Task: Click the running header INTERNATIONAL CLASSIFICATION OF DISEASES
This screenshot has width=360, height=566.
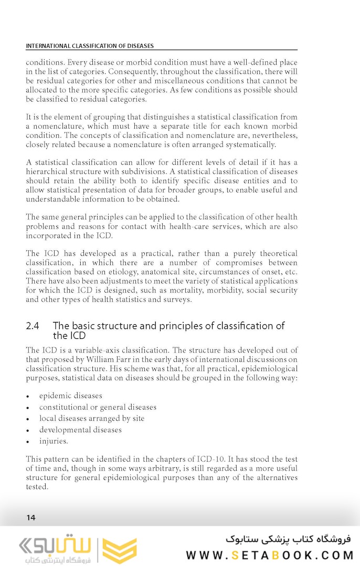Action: point(90,46)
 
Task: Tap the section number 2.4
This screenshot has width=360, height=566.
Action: point(33,326)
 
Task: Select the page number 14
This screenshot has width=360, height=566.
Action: point(31,518)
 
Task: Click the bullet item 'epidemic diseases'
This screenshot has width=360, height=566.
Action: point(70,396)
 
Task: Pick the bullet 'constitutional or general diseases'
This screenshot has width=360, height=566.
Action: point(98,407)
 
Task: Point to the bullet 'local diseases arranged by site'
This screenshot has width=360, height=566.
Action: point(91,419)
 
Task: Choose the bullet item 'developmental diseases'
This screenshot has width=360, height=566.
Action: point(80,430)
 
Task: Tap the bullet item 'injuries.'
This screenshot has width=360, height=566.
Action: point(54,441)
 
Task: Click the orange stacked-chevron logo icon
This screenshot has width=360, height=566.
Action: point(119,550)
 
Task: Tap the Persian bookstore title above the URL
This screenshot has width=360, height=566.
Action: point(288,539)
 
